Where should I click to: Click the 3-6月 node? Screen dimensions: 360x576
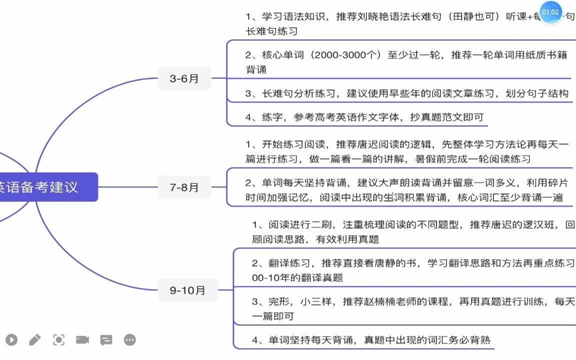point(184,78)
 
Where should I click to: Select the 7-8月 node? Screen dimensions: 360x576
point(184,187)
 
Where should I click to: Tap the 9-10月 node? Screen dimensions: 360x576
point(187,290)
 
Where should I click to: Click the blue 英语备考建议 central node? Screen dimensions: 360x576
point(45,187)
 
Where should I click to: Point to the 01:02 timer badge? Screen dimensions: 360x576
point(550,12)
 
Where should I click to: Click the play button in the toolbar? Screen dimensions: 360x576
point(11,340)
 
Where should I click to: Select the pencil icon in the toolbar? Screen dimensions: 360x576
point(35,340)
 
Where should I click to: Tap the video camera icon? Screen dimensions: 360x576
point(82,340)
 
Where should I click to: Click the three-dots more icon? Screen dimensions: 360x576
point(130,340)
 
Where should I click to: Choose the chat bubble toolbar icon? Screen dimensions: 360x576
point(106,340)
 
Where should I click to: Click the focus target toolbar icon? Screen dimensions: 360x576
point(59,340)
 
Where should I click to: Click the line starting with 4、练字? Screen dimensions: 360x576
point(364,117)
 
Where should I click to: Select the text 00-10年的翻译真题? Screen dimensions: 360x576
point(297,277)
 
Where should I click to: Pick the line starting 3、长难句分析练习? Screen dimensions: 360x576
point(406,93)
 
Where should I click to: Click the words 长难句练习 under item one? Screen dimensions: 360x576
point(271,31)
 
